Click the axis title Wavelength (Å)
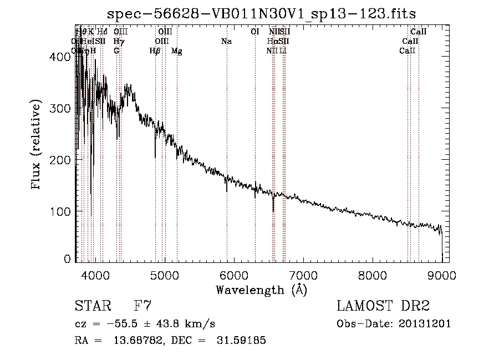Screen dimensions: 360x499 261,290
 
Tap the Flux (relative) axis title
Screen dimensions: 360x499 37,145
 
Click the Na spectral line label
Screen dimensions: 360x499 226,41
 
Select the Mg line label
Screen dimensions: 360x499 177,51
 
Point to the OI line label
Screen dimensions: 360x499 255,32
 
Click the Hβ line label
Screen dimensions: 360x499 155,51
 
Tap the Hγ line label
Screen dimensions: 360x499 118,41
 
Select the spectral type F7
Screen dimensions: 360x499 142,306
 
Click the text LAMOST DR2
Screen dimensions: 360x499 383,306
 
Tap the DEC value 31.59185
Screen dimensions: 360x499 241,341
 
